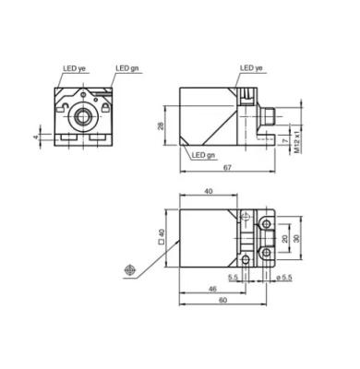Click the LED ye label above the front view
tap(74, 68)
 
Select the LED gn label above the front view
tap(127, 68)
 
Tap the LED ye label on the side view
tap(251, 68)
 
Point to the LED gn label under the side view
tap(203, 155)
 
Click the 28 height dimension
tap(161, 125)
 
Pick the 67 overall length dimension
tap(227, 168)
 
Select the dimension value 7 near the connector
tap(285, 140)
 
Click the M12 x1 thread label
tap(297, 142)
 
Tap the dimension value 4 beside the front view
tap(37, 137)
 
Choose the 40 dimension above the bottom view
tap(209, 191)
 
